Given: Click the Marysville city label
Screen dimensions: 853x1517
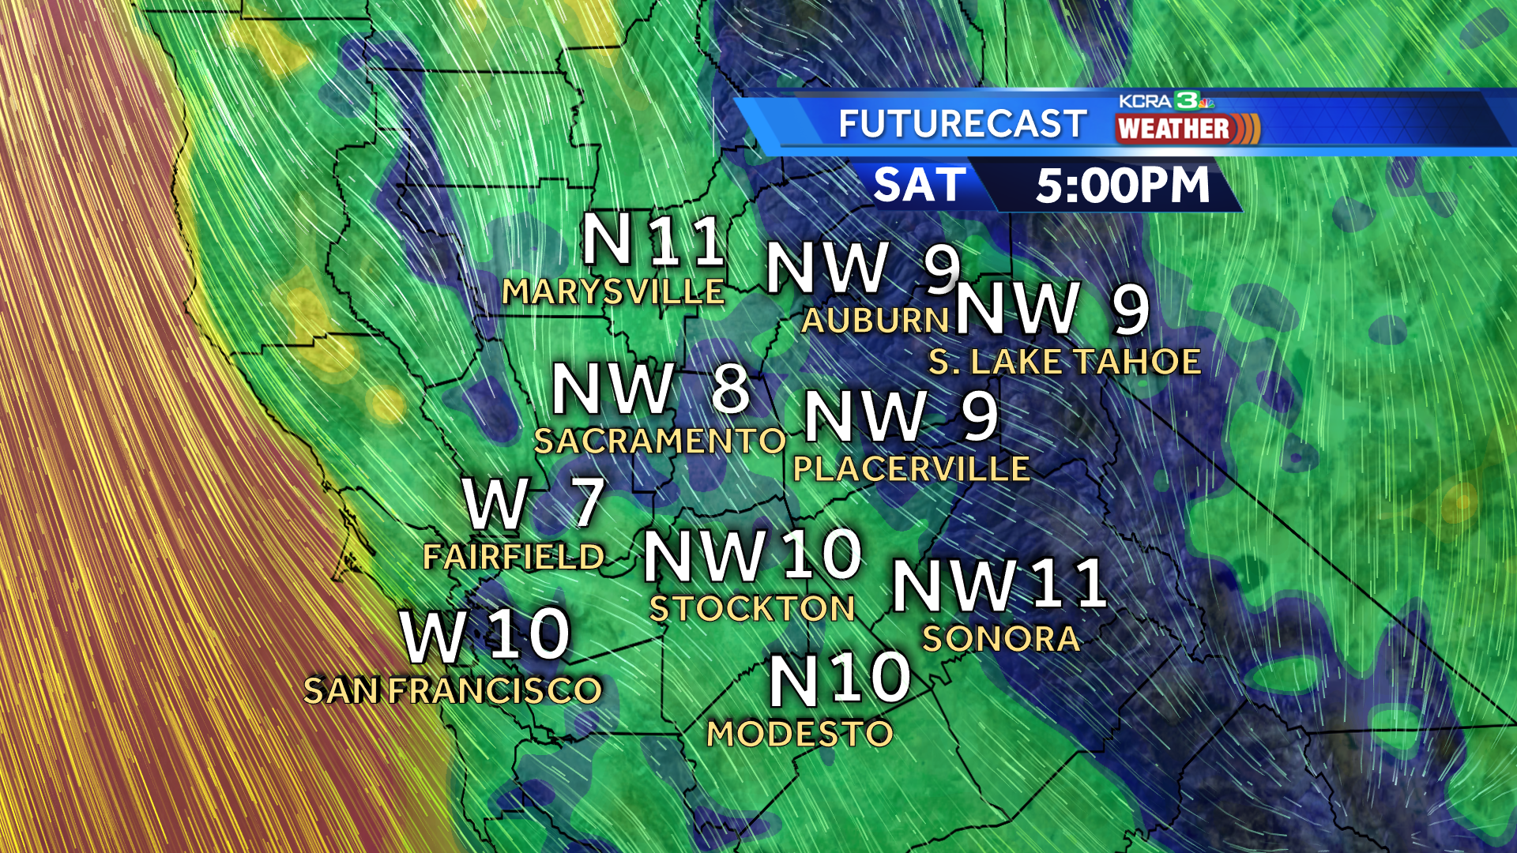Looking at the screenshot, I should coord(613,292).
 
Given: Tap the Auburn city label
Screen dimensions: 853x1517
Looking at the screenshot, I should coord(875,321).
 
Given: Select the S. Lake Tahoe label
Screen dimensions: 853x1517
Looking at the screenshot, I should coord(1064,363).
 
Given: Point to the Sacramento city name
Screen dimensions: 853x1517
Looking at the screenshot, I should coord(660,442).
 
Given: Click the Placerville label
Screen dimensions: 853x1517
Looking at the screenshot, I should coord(911,470).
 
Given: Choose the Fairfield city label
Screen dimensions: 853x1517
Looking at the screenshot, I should coord(514,558).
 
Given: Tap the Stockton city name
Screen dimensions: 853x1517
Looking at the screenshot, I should coord(752,609).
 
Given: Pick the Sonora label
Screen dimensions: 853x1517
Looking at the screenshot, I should coord(1001,639).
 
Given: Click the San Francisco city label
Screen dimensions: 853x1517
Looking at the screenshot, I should coord(453,691).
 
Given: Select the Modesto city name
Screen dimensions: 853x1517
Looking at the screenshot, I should coord(800,735).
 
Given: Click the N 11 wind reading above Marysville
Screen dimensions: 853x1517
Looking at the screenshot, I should coord(653,241).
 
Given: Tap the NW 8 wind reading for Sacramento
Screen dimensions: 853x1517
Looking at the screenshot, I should coord(650,389).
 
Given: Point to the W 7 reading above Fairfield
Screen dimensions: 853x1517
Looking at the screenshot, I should coord(534,503).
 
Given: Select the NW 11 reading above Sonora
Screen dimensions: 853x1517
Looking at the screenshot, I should coord(999,585).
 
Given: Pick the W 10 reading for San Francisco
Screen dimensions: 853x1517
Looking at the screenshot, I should coord(485,635).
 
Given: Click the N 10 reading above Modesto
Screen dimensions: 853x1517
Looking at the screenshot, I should coord(840,678).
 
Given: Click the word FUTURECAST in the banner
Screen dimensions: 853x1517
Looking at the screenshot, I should coord(962,124).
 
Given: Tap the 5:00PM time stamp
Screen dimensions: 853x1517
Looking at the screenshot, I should coord(1122,186).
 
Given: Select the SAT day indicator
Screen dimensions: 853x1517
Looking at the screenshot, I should coord(920,186).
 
